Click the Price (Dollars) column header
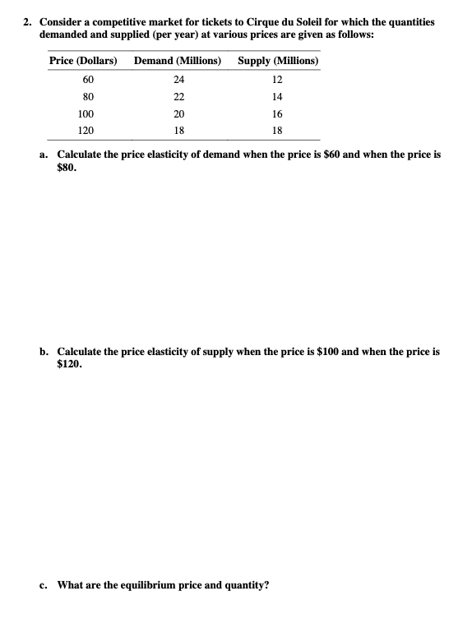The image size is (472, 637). coord(83,61)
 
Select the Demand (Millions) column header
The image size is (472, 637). coord(178,61)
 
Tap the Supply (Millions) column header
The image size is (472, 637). coord(278,61)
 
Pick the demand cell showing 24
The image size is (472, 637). coord(178,80)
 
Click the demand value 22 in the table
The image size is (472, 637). coord(178,97)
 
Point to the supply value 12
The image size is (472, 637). coord(277,80)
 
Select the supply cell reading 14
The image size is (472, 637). coord(277,97)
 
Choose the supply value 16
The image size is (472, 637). coord(277,114)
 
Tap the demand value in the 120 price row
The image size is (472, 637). coord(178,132)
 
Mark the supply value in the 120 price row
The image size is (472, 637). coord(277,132)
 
